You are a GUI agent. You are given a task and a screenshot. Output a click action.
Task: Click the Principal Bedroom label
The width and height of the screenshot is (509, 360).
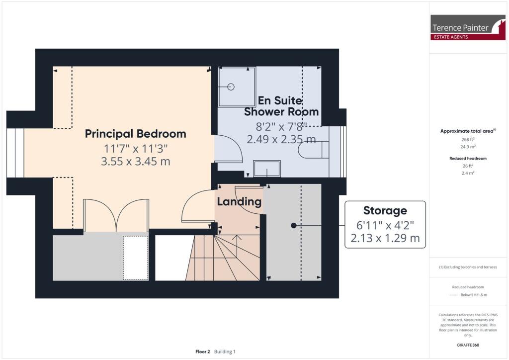[135, 134]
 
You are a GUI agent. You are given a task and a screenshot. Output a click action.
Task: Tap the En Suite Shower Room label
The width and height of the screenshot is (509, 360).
[281, 106]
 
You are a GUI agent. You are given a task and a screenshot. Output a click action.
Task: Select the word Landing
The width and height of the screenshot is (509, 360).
[239, 201]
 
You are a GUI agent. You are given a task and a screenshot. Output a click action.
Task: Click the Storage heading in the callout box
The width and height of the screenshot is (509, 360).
[385, 210]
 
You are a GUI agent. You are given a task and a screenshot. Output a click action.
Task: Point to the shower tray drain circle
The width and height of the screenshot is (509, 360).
[231, 87]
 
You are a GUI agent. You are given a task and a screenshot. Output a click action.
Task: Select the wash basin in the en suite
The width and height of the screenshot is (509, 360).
[267, 169]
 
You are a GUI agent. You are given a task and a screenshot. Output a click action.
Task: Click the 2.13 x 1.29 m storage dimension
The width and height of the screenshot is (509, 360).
[385, 238]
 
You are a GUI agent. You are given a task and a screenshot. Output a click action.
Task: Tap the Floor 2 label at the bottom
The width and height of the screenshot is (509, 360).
[203, 352]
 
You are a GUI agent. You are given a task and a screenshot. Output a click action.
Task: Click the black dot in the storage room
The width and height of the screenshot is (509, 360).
[294, 225]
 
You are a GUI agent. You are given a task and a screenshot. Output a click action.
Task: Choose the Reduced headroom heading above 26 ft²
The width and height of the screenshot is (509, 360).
[469, 159]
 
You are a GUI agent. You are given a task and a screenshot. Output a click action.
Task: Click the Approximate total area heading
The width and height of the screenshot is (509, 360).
[467, 131]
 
